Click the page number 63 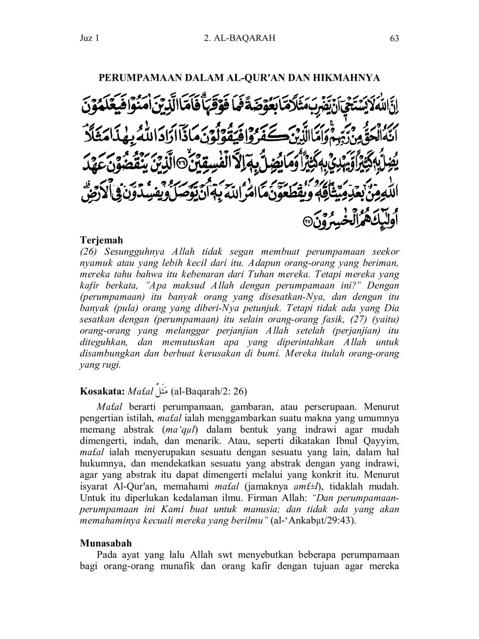pyautogui.click(x=394, y=38)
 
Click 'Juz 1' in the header pyautogui.click(x=89, y=38)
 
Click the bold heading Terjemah pyautogui.click(x=101, y=240)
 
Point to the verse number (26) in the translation pyautogui.click(x=89, y=252)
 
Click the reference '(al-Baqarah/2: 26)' pyautogui.click(x=209, y=391)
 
